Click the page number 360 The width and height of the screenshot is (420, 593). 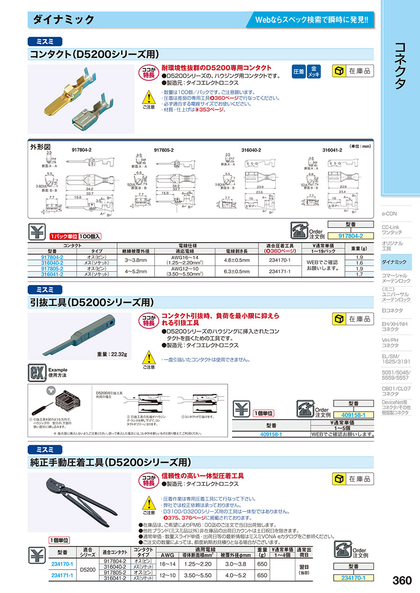402,580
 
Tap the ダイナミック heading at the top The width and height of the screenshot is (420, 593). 63,20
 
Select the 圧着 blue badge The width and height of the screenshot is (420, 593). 299,71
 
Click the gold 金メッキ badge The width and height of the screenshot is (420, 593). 315,71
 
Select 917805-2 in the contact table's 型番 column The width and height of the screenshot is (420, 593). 52,269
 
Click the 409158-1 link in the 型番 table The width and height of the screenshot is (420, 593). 271,434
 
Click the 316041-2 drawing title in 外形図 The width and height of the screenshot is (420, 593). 332,150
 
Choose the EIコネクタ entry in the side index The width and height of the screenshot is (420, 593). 392,310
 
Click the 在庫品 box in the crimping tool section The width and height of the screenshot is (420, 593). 353,479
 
